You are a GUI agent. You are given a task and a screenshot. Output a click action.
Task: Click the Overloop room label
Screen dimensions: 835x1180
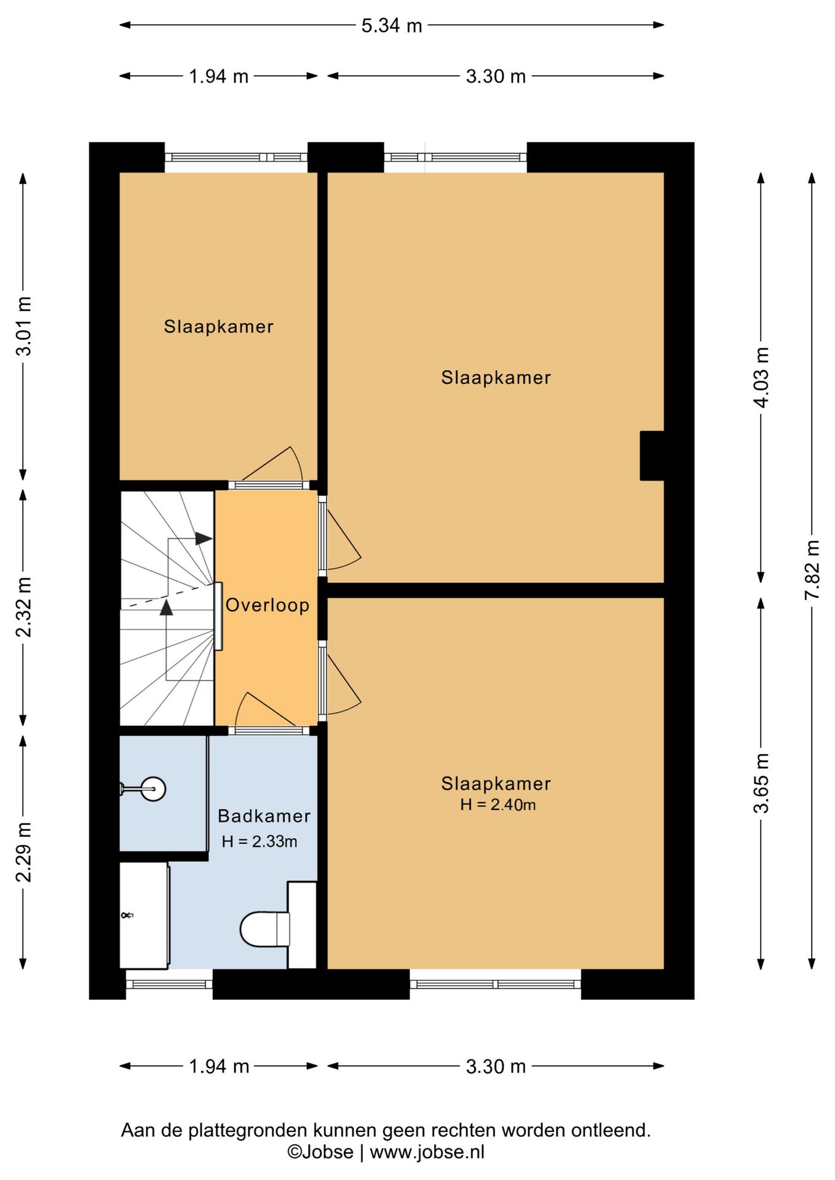(267, 605)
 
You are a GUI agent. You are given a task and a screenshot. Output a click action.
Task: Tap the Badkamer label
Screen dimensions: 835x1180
(264, 816)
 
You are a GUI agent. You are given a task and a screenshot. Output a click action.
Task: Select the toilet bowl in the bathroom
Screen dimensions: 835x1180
(264, 929)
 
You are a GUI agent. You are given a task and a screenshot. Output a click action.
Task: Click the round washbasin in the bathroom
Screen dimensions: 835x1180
(153, 789)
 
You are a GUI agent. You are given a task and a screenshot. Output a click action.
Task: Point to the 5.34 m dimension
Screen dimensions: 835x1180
(392, 25)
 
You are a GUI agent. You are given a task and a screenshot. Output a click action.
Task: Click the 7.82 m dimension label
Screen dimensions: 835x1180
(812, 570)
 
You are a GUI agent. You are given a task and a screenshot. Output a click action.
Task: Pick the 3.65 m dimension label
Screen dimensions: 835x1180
(761, 783)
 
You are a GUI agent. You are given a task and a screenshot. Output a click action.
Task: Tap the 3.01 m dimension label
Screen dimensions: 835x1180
(23, 326)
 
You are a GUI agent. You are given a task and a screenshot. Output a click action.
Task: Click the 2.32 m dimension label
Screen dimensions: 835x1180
(23, 607)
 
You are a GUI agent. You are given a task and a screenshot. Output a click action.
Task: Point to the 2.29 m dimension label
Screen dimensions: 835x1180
(23, 852)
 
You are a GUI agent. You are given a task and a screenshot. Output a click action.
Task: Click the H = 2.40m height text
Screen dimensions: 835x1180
(498, 804)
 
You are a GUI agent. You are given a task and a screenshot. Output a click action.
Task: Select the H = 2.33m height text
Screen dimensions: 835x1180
(259, 841)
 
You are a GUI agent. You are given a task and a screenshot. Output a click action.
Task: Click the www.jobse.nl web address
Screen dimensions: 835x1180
(427, 1152)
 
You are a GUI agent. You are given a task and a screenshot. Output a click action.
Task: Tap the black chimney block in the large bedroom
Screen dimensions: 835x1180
(652, 455)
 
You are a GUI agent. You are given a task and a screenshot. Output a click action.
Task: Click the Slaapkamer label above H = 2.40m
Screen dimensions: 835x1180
(496, 784)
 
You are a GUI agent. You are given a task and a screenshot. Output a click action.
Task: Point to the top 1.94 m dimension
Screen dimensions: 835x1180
(218, 76)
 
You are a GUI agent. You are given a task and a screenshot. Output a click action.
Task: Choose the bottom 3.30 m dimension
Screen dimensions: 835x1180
(496, 1066)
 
